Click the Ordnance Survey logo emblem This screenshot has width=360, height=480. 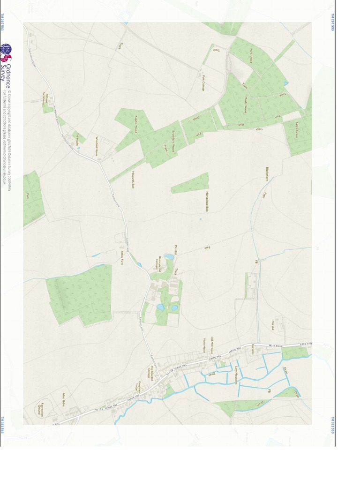click(x=6, y=52)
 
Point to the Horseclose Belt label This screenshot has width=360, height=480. click(x=207, y=202)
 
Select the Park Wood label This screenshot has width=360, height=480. click(x=251, y=56)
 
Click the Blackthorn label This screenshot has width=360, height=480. click(x=267, y=173)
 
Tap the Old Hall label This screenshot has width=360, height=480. click(x=273, y=325)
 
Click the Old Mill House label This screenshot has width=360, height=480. click(x=212, y=345)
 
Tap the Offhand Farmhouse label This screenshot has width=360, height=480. click(x=45, y=98)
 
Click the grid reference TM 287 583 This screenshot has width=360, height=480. click(x=2, y=22)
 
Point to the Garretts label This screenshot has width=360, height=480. click(x=253, y=349)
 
